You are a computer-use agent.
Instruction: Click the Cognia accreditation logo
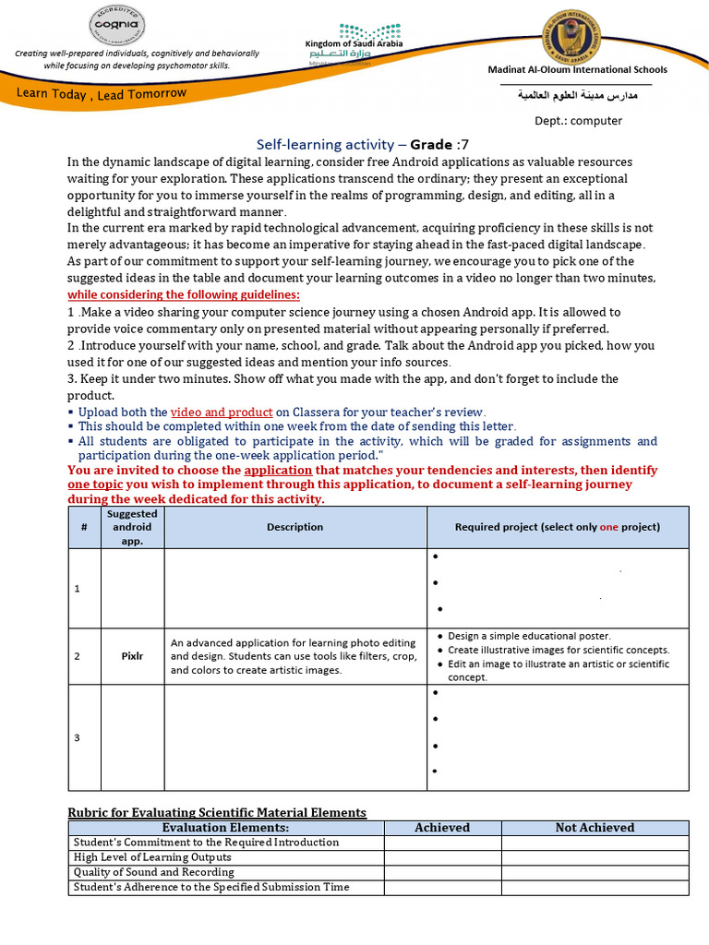coord(115,26)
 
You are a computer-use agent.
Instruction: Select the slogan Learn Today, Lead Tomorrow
coord(101,93)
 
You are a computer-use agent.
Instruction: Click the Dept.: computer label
coord(578,120)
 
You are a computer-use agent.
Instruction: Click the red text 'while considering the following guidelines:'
coord(184,294)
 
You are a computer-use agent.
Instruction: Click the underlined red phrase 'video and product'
coord(222,412)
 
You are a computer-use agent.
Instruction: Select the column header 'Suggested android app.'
coord(132,527)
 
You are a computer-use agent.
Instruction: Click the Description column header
coord(294,527)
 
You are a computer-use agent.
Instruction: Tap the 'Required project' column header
coord(557,527)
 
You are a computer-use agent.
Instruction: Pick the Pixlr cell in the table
coord(132,656)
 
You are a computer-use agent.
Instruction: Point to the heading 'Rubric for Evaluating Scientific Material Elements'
coord(217,812)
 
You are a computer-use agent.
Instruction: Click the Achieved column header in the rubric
coord(442,828)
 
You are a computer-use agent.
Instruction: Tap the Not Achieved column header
coord(595,828)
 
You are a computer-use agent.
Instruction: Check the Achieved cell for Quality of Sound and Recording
coord(442,872)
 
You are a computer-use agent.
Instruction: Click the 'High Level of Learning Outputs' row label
coord(153,857)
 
